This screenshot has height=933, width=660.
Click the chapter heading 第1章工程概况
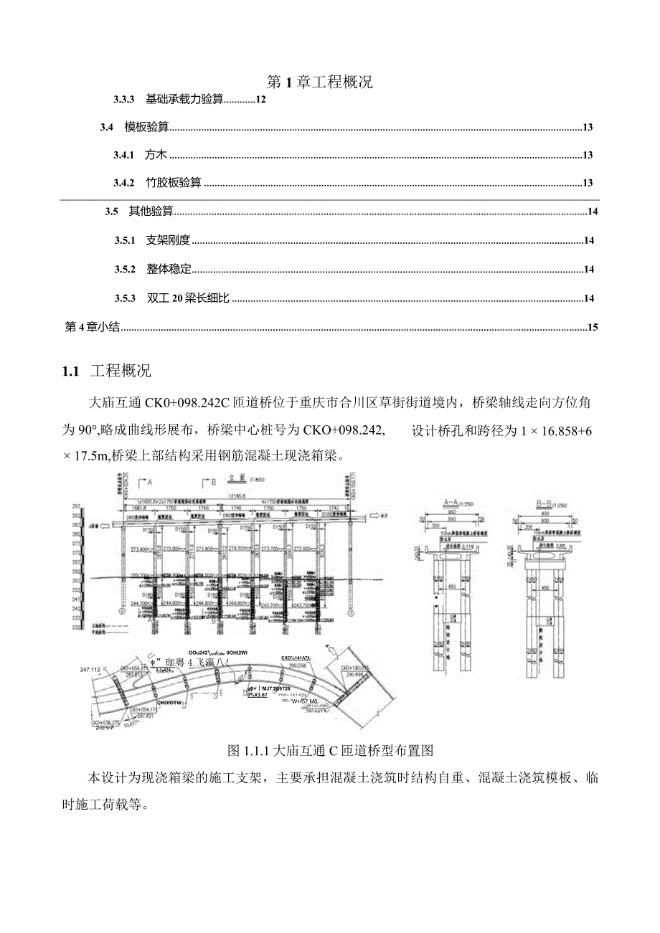(319, 82)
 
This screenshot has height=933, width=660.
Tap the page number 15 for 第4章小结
(592, 328)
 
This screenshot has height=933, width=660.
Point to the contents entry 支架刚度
(167, 241)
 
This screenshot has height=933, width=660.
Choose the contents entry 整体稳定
(169, 270)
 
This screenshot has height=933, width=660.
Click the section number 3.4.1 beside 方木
(124, 155)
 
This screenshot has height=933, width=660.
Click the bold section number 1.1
(70, 371)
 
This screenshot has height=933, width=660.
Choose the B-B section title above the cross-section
(550, 502)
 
